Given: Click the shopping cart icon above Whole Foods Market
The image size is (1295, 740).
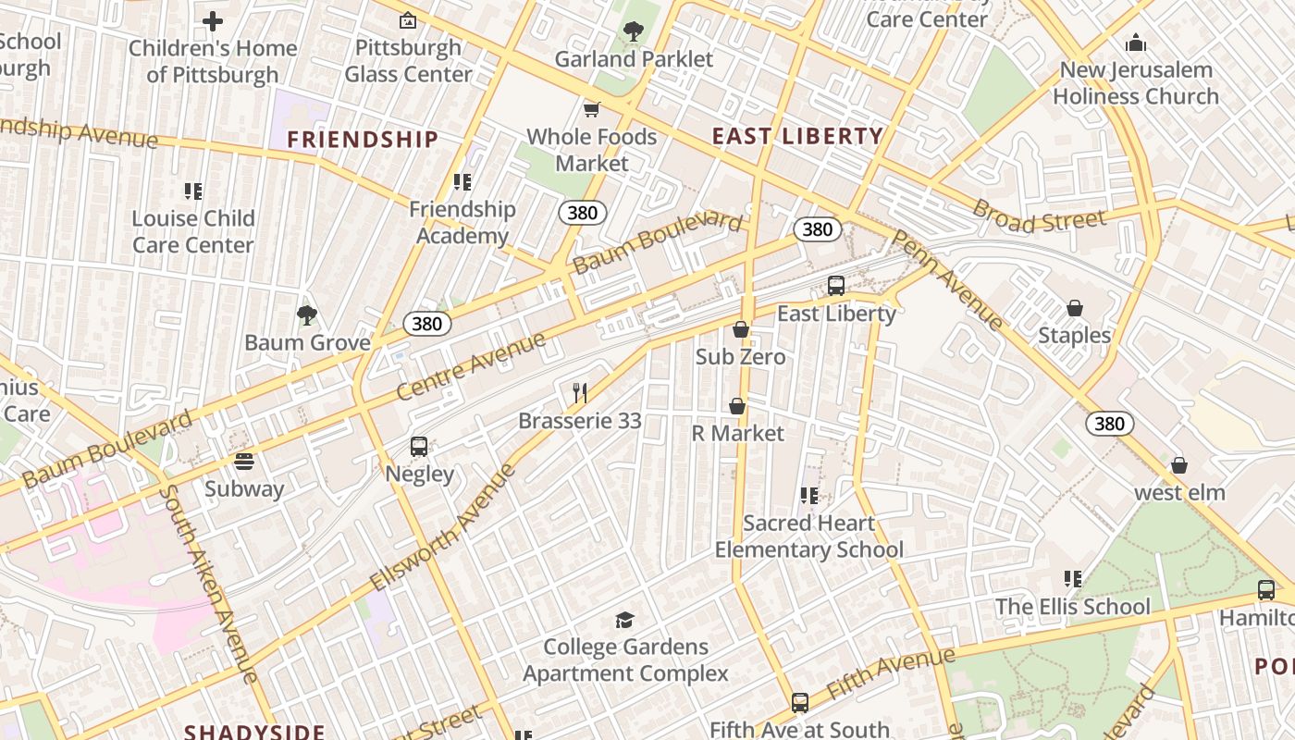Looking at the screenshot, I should tap(592, 109).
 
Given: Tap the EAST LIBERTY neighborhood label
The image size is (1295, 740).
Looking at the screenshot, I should tap(797, 137).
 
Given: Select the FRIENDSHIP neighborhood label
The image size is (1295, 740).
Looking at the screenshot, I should tap(362, 140).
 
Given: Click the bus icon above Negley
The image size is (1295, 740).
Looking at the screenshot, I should tap(419, 447).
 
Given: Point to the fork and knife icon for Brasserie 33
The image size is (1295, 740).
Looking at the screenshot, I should tap(580, 393).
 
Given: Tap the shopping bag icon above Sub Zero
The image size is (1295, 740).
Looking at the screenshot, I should tap(740, 329).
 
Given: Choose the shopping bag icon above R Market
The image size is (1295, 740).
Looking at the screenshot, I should tap(737, 406).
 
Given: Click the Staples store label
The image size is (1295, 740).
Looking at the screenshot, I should tap(1074, 335).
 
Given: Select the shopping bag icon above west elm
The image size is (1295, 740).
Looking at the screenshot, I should tap(1179, 465).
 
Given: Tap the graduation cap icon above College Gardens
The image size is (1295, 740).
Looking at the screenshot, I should tap(625, 620).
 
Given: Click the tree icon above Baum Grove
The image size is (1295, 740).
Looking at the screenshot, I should tap(307, 315).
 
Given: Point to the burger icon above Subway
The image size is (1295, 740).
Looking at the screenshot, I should tap(244, 461).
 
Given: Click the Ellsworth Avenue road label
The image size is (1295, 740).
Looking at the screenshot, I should tap(444, 527).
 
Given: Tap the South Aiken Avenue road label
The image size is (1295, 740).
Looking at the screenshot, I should tap(208, 583).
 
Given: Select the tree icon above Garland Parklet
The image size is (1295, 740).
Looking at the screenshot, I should tap(634, 32).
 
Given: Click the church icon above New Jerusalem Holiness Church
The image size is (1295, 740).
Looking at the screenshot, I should tap(1136, 43).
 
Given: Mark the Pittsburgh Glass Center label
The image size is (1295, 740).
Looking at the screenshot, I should tap(408, 61).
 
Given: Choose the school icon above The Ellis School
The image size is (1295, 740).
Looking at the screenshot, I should tap(1073, 580).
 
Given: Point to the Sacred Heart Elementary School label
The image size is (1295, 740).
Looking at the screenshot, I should tap(809, 536).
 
